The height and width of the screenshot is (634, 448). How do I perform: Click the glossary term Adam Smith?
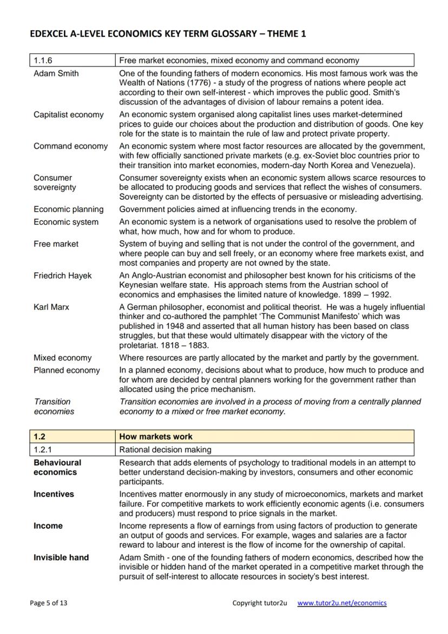coord(56,73)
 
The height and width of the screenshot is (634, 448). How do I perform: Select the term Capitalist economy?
coord(68,114)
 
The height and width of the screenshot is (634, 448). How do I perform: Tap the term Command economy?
coord(70,146)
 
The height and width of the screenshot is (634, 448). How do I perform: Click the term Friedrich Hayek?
coord(62,276)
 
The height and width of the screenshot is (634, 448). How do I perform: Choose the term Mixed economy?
coord(62,358)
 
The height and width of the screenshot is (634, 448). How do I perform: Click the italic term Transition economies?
coord(54,407)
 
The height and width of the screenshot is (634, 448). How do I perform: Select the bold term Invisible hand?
coord(61,558)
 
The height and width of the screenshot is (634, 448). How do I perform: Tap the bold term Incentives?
coord(54,494)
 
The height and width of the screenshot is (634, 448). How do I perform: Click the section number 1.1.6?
coord(43,60)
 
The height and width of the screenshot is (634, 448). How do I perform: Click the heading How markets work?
coord(156,436)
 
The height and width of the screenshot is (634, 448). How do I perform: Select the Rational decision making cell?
coord(165,449)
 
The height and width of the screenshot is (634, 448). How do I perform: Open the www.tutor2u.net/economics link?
coord(342,603)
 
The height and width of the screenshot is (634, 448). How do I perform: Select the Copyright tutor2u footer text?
coord(259,603)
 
